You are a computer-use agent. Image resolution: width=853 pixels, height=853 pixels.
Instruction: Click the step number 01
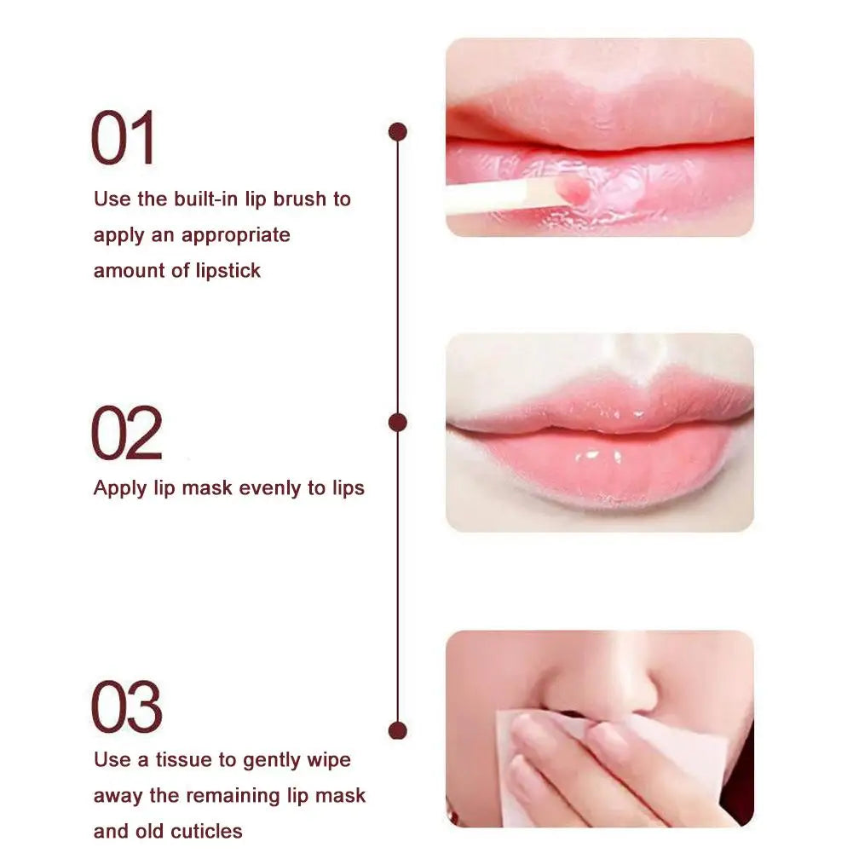(x=124, y=138)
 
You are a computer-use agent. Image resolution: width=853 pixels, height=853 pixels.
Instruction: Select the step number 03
(x=126, y=707)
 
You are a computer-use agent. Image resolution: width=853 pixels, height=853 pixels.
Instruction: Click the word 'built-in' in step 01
(x=205, y=199)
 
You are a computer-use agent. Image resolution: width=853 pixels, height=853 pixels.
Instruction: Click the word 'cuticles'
(x=203, y=831)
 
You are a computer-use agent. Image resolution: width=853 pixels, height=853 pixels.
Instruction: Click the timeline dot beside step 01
(x=397, y=132)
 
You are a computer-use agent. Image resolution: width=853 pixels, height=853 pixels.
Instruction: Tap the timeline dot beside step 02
(x=397, y=422)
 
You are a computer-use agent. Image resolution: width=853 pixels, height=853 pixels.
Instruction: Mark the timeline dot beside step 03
(x=397, y=730)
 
